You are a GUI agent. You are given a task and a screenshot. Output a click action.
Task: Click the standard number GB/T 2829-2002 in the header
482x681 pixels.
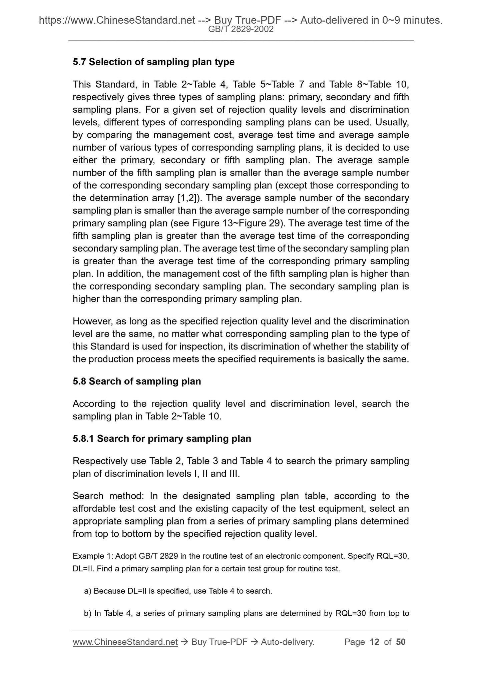click(241, 29)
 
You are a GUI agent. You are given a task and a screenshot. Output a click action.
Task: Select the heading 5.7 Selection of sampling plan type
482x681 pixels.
click(153, 62)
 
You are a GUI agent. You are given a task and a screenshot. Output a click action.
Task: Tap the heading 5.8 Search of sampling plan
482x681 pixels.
click(137, 381)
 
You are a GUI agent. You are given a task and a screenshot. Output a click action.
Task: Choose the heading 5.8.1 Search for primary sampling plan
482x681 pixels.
click(162, 438)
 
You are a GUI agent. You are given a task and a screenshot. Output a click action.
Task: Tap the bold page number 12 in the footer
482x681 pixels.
click(375, 642)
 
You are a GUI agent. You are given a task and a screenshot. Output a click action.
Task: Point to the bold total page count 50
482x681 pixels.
click(401, 642)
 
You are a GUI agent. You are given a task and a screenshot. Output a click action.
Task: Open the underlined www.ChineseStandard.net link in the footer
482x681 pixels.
click(125, 642)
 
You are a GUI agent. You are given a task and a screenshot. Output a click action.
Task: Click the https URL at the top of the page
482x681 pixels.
click(117, 21)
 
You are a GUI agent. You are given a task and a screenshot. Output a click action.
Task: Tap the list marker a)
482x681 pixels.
click(88, 591)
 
